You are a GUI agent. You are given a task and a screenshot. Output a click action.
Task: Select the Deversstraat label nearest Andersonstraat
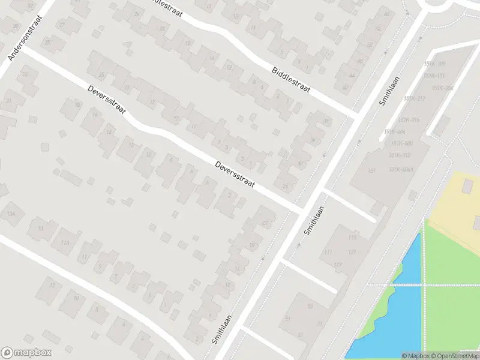pos(106,99)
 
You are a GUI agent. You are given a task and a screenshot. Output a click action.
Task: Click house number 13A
pos(11,214)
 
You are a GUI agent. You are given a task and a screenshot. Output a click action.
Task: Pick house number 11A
pos(65,242)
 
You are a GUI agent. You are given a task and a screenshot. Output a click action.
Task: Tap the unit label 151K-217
pos(414,98)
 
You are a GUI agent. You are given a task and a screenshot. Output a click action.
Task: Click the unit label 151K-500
pos(401,143)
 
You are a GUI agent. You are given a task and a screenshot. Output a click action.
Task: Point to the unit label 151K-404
pos(395,132)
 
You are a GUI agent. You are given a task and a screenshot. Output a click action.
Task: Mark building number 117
pos(338,265)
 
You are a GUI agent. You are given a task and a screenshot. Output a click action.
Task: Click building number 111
pos(327,251)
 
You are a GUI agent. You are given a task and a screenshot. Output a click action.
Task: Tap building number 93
pos(310,306)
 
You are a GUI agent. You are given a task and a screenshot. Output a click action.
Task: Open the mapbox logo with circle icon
pos(26,353)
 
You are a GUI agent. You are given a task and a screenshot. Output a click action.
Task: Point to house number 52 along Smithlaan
pos(370,45)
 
